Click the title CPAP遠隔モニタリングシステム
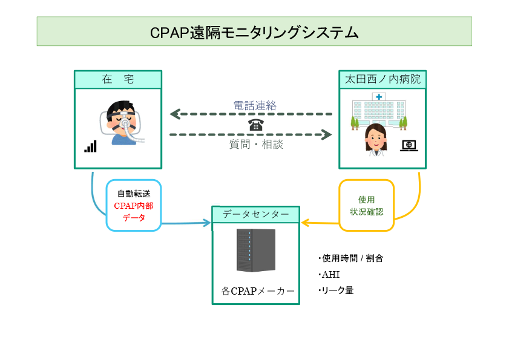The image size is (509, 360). click(x=254, y=32)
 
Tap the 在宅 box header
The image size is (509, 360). click(x=118, y=79)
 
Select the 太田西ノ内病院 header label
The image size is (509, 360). click(x=382, y=79)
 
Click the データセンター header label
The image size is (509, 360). click(x=255, y=214)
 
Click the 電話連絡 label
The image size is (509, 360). click(x=255, y=105)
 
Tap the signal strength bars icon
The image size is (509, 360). click(x=90, y=146)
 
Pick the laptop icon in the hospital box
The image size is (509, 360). click(x=409, y=145)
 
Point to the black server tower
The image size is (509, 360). click(x=255, y=250)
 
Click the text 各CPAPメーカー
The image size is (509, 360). click(x=258, y=291)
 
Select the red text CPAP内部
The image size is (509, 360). click(x=134, y=206)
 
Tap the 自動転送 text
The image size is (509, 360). click(x=134, y=194)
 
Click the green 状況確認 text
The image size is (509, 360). click(x=367, y=212)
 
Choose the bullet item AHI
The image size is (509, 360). click(x=330, y=275)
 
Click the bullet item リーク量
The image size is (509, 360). click(x=337, y=290)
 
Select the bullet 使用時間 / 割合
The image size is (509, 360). click(x=352, y=258)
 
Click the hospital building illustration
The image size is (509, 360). click(x=379, y=110)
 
